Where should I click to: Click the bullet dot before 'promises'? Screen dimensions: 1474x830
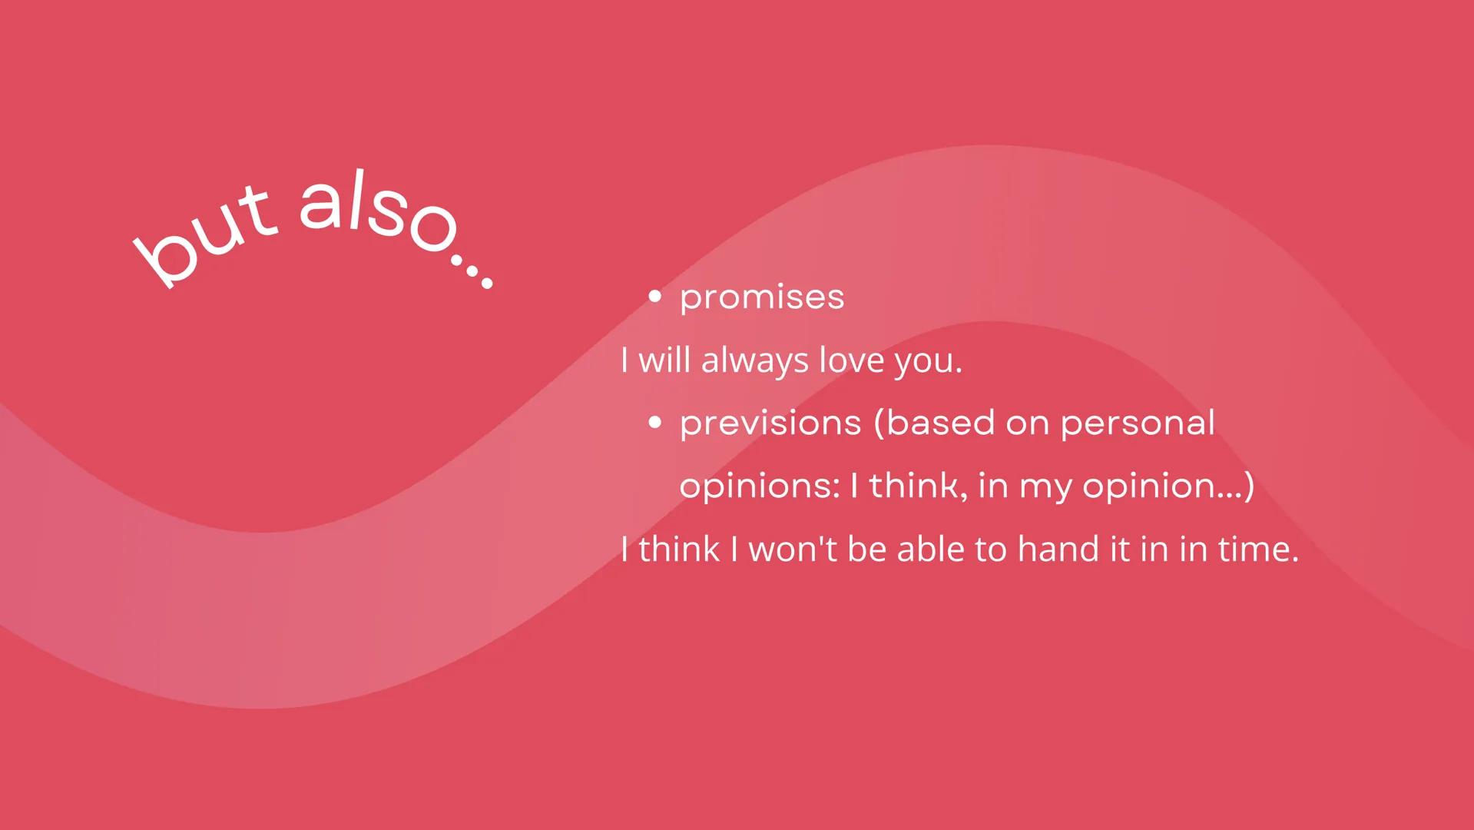click(x=654, y=297)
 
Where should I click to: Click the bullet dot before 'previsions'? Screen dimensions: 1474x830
click(x=654, y=422)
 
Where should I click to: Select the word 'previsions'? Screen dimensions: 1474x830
click(x=770, y=423)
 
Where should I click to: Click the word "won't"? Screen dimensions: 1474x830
click(x=793, y=549)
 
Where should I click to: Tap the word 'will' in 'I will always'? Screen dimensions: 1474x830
click(x=664, y=360)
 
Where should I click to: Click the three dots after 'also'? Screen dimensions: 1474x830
click(x=471, y=271)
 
